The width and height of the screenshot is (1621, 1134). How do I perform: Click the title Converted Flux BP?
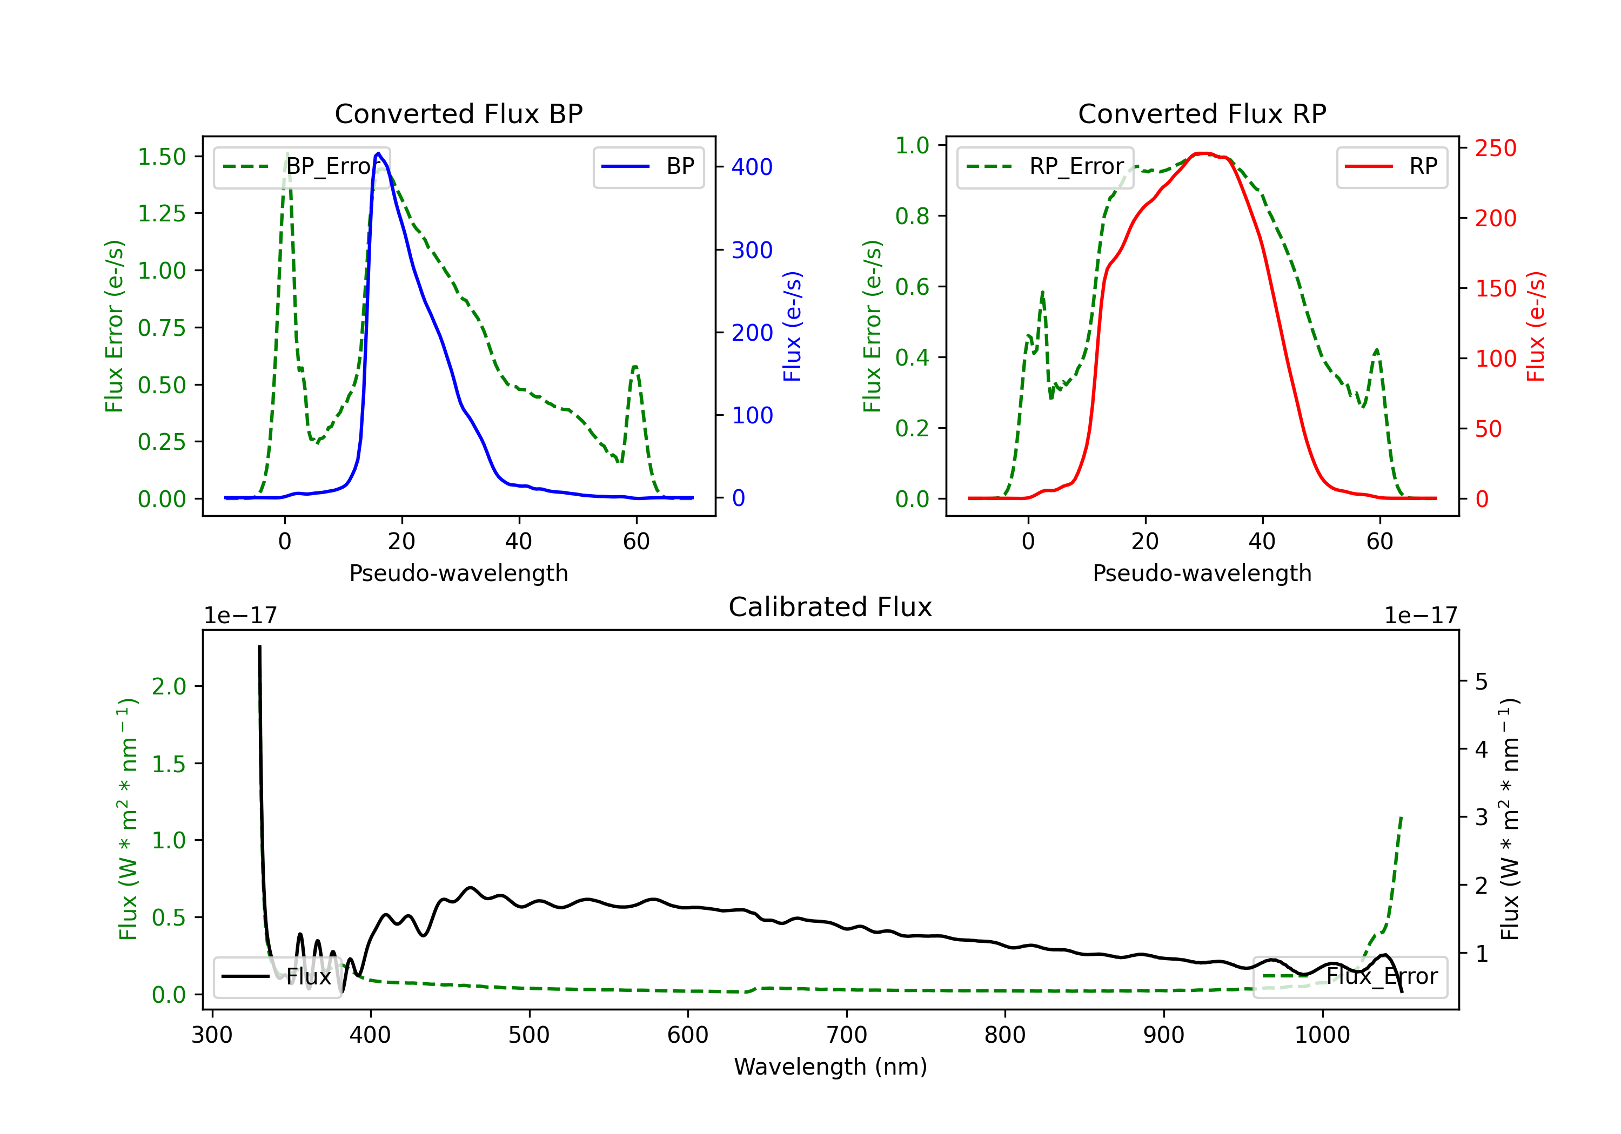pos(458,113)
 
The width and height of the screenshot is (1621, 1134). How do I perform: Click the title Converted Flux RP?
pos(1202,113)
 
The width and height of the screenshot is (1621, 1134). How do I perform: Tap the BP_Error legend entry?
pos(302,166)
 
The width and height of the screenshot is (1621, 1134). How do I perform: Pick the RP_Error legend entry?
pos(1045,166)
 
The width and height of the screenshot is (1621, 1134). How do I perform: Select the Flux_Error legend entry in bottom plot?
pos(1350,977)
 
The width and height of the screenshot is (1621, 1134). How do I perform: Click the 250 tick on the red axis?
pos(1495,148)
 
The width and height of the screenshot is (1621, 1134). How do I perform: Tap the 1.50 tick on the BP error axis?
pos(162,157)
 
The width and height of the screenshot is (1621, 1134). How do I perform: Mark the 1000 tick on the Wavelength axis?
pos(1322,1035)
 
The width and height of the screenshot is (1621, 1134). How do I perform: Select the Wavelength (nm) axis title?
pos(830,1066)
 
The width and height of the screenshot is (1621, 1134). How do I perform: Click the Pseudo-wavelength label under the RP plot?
pos(1202,573)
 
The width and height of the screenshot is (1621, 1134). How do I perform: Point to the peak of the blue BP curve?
pos(378,153)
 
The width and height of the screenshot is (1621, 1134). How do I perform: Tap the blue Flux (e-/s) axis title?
pos(792,326)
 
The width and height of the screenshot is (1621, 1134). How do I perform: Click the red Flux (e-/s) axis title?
pos(1536,326)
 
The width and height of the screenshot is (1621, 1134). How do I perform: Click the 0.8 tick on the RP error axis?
pos(912,216)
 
